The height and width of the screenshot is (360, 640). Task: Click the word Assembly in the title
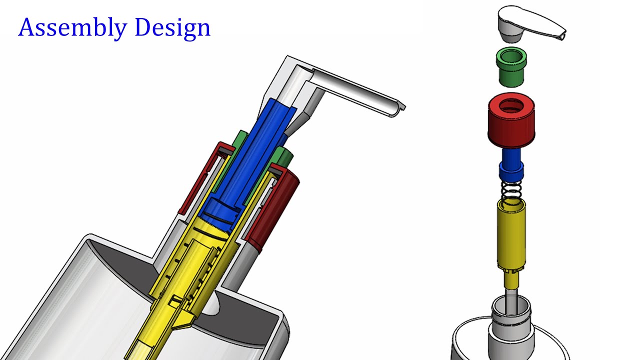73,28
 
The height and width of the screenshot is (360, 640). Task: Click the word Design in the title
172,28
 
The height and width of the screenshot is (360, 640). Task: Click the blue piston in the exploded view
511,165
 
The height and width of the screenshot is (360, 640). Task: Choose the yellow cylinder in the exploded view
511,235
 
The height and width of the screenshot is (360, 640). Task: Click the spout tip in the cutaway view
400,108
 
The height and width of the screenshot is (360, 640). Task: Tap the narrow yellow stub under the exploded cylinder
510,280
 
